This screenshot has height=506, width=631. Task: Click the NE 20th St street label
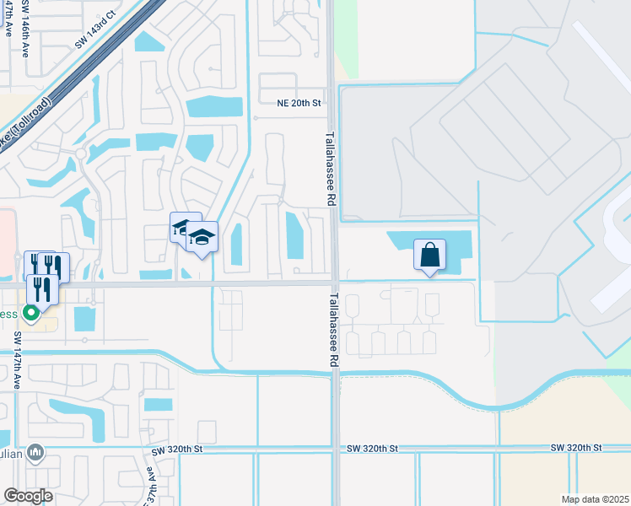[x=300, y=103]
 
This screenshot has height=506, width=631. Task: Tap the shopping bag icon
[x=429, y=253]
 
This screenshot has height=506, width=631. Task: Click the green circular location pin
[x=31, y=313]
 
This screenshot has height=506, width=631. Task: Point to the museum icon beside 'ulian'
[x=35, y=454]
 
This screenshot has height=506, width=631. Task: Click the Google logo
[x=28, y=496]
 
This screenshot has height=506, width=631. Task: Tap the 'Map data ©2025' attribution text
[x=595, y=499]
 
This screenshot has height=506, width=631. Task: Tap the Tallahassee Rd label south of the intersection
[x=334, y=329]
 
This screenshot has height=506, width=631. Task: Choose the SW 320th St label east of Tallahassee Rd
[x=577, y=447]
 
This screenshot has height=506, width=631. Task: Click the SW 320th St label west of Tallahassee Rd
[x=179, y=452]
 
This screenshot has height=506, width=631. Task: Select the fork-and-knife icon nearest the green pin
[x=41, y=288]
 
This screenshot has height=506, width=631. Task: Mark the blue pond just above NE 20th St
[x=213, y=107]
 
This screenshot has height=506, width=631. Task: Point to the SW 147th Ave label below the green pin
[x=17, y=359]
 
